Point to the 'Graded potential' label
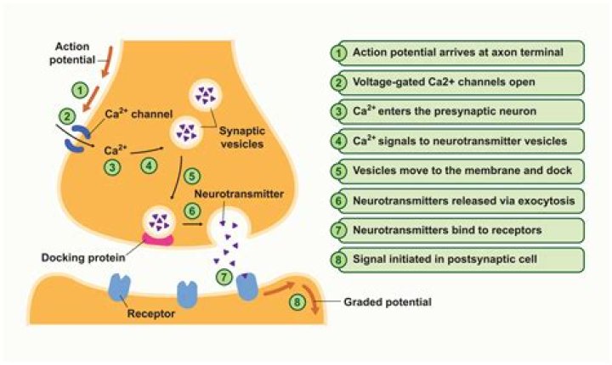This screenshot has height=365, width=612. coord(381,300)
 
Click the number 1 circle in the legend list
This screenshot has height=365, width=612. coord(337,53)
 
